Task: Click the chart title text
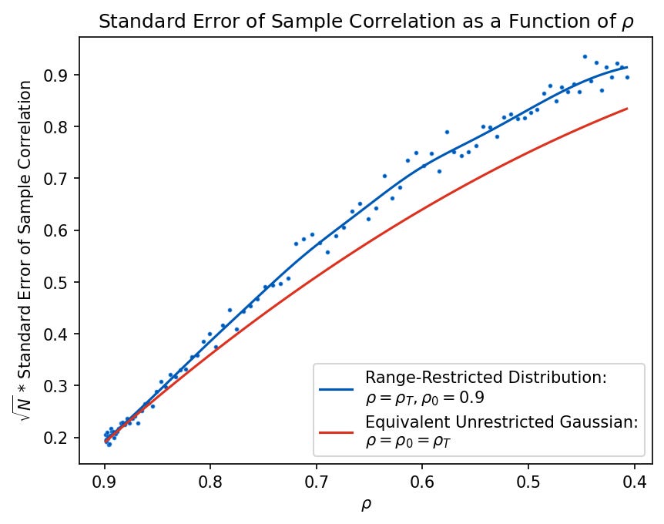365,21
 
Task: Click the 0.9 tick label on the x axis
105,482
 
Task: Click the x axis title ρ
366,505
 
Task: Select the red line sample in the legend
337,432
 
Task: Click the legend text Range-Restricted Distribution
486,378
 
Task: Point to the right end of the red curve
628,109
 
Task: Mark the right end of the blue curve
628,68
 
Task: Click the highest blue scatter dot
585,56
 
